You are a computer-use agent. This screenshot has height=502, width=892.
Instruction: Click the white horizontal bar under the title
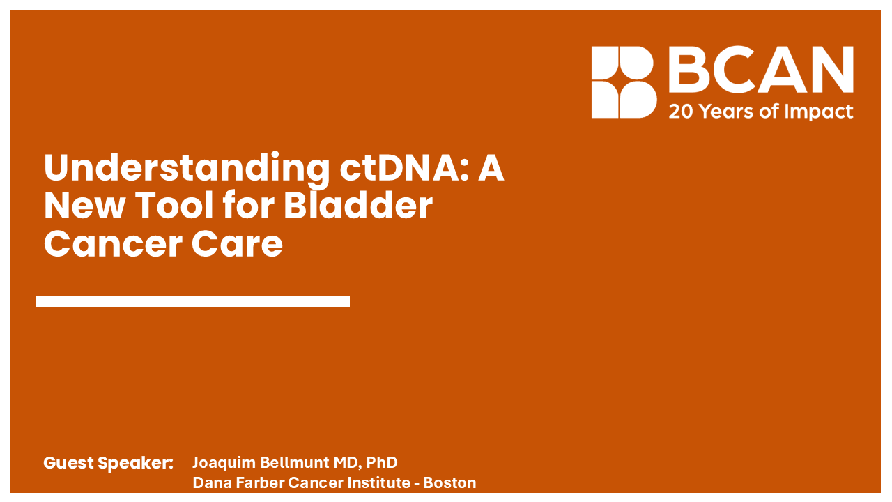pyautogui.click(x=193, y=301)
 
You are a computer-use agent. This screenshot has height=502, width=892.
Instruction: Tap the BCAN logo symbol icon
pyautogui.click(x=623, y=82)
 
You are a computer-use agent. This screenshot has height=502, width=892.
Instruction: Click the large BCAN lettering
pyautogui.click(x=760, y=70)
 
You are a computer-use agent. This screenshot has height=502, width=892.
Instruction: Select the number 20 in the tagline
pyautogui.click(x=680, y=112)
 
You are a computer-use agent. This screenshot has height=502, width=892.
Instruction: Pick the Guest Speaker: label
pyautogui.click(x=108, y=463)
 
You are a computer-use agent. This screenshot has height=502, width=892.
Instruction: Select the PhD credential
pyautogui.click(x=382, y=463)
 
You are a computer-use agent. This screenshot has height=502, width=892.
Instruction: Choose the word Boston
pyautogui.click(x=450, y=482)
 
